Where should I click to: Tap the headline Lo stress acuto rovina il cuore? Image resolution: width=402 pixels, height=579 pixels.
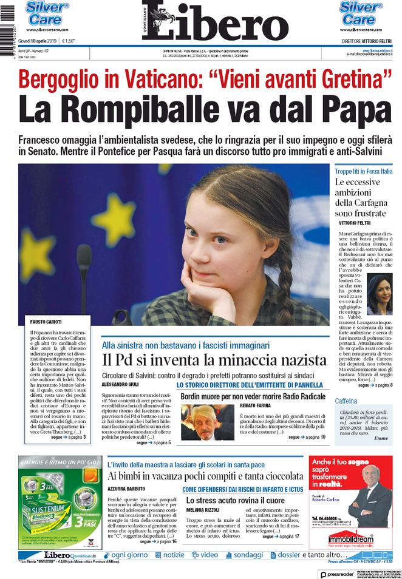(x=235, y=499)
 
